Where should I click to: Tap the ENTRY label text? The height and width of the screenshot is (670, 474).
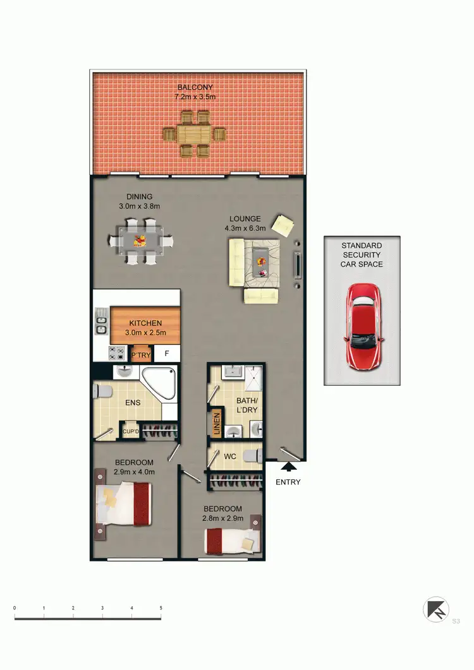click(x=288, y=482)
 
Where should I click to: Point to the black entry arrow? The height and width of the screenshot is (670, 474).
click(x=288, y=467)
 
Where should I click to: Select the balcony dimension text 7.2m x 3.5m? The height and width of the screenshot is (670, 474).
click(x=195, y=97)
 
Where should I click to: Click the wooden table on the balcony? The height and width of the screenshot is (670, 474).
click(x=195, y=134)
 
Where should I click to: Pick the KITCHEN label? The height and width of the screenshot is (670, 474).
click(x=146, y=323)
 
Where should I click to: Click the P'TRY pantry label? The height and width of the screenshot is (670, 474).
click(x=141, y=355)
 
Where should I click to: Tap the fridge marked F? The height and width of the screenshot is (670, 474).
click(x=167, y=354)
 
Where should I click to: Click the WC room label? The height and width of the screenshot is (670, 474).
click(x=230, y=455)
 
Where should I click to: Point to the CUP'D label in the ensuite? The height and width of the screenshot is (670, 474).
click(x=130, y=432)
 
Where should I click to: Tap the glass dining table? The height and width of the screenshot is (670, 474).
click(x=141, y=241)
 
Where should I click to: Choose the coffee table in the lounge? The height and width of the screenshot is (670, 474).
click(x=260, y=261)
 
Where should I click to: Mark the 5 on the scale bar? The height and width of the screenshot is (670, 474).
click(x=161, y=608)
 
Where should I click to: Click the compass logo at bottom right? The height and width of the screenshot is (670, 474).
click(x=435, y=609)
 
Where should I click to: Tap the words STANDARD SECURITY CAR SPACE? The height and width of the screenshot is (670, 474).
click(x=362, y=254)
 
